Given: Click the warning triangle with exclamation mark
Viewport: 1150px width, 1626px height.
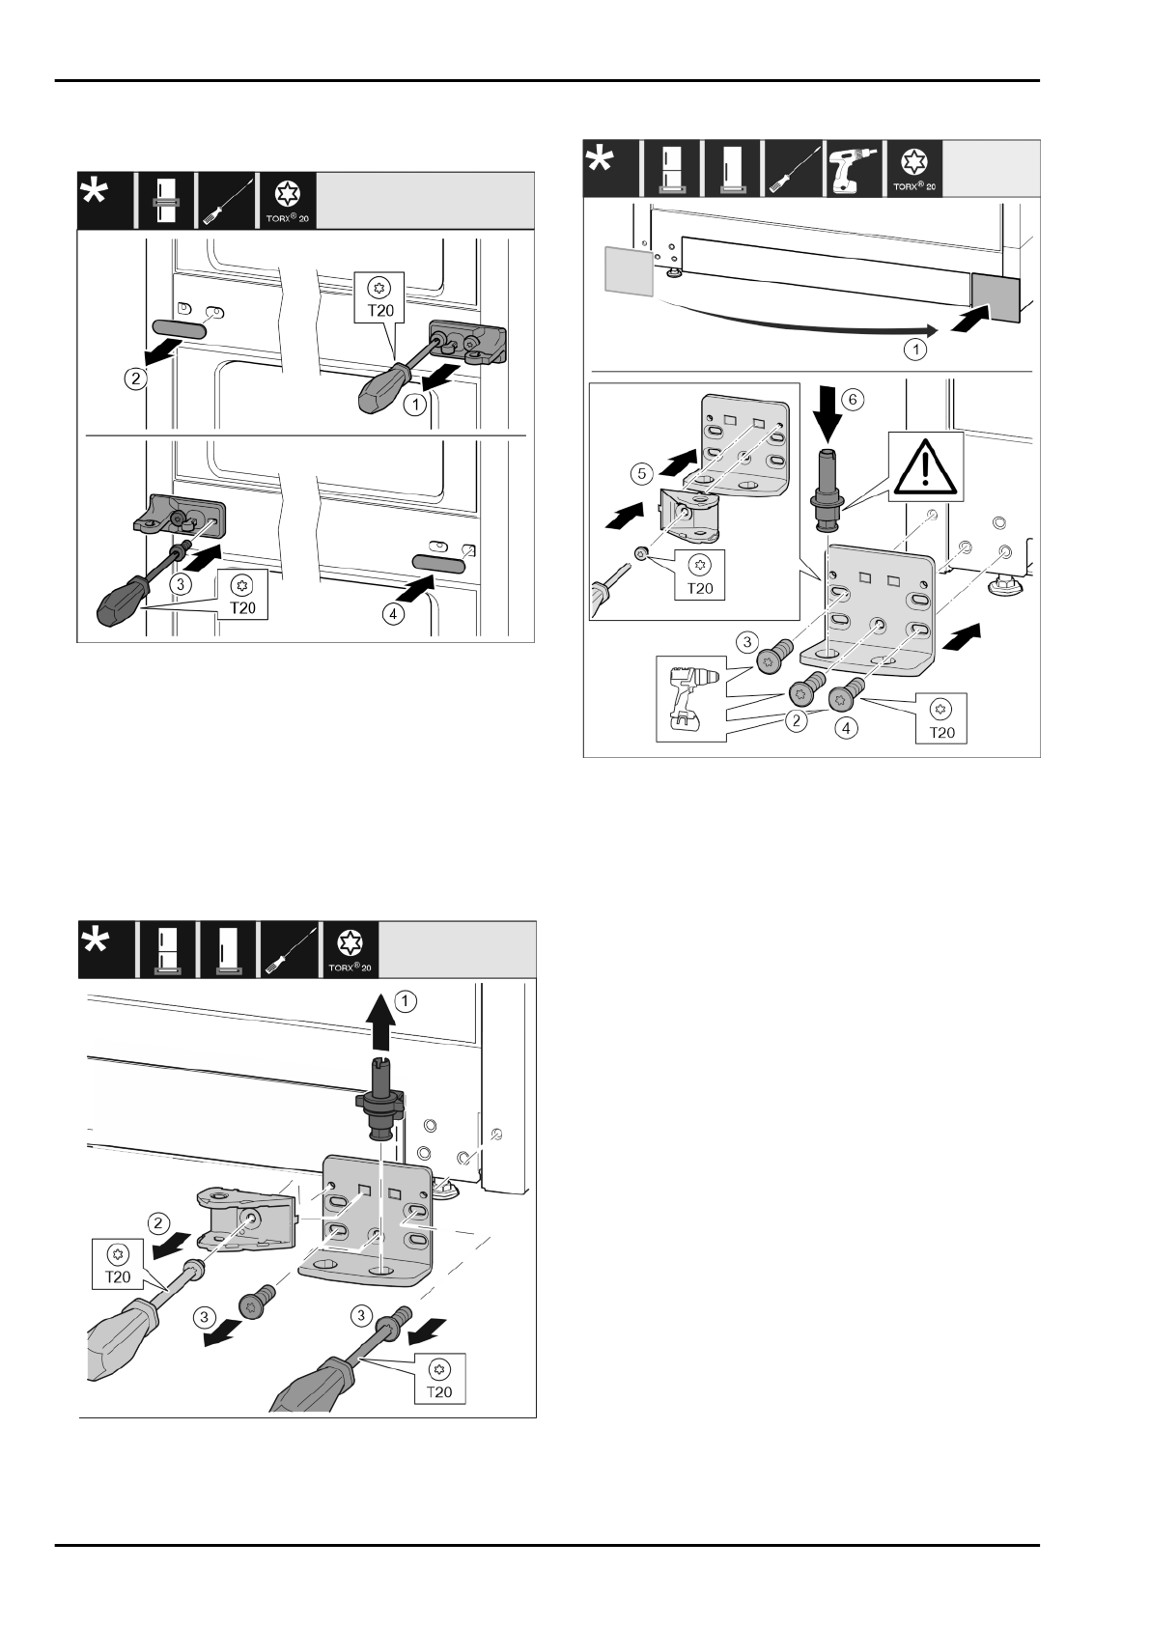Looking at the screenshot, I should [925, 466].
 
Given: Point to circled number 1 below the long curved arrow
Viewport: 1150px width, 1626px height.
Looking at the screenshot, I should [915, 348].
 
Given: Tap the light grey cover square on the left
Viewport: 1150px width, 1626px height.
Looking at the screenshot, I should [627, 268].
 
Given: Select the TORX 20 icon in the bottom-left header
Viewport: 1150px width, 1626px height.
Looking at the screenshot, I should [349, 949].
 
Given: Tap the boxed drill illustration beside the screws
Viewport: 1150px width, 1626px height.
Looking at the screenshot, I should [691, 699].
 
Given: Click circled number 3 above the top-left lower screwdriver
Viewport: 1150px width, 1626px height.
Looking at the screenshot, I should [179, 584].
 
